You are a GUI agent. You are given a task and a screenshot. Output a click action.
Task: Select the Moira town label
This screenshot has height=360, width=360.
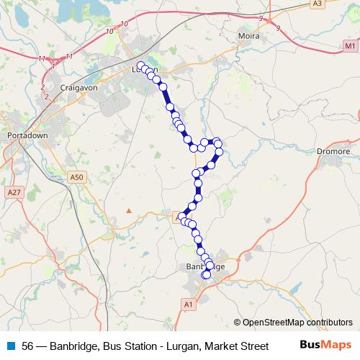pos(248,35)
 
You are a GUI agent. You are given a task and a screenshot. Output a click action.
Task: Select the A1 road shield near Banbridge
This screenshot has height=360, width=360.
pos(188,305)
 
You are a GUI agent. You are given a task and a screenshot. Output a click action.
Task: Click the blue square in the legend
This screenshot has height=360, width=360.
pos(9,346)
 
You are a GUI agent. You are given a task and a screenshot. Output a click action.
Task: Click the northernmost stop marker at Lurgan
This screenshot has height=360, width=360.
pos(140,66)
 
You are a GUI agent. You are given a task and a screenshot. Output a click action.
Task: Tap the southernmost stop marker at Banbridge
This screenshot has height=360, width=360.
pos(207,274)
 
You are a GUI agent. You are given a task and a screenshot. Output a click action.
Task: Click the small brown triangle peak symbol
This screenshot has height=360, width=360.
pos(129,210)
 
